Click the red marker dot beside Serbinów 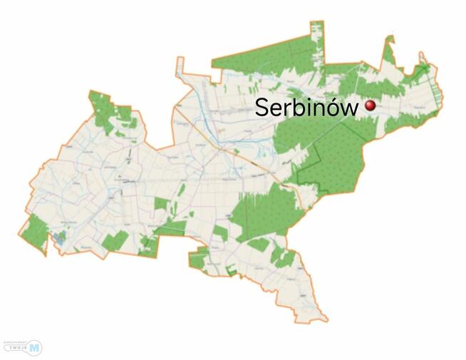pos(370,106)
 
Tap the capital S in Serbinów pos(262,108)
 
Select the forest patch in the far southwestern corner pos(33,230)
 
